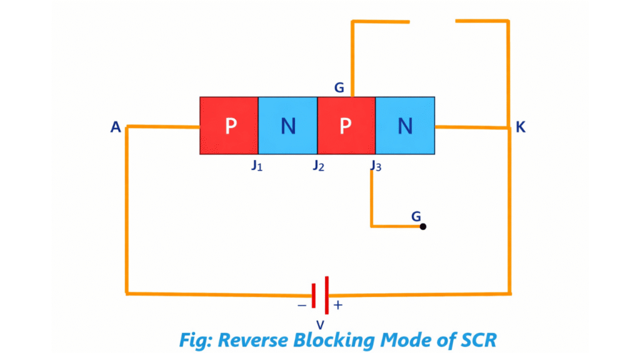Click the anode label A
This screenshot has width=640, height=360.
116,127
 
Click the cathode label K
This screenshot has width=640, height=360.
521,127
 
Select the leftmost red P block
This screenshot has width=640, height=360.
229,126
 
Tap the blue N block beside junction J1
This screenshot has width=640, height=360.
287,126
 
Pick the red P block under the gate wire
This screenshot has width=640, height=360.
346,126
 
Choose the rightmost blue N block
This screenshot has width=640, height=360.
405,126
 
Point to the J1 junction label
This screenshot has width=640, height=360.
256,166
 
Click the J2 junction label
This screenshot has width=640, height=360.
318,166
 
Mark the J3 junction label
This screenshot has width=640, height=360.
375,166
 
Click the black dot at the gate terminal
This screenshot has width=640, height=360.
423,226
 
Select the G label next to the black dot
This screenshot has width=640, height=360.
416,216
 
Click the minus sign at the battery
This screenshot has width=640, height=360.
302,305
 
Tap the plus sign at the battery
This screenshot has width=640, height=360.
338,305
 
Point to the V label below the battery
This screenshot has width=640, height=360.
320,325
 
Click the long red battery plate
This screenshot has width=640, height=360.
326,295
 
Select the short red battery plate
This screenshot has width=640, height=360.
314,295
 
